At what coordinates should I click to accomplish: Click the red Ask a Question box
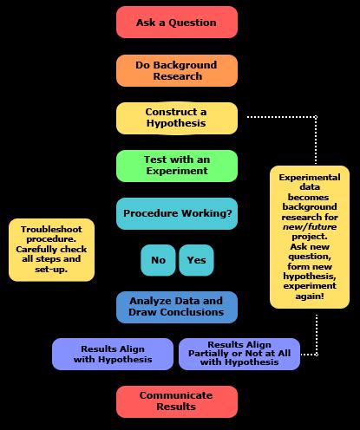click(x=177, y=23)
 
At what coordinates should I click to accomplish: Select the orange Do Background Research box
click(x=177, y=70)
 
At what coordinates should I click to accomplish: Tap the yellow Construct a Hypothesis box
click(x=177, y=118)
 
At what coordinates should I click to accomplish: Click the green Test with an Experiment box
click(x=177, y=166)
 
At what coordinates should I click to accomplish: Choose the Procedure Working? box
click(x=177, y=213)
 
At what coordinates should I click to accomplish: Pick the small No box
click(x=158, y=259)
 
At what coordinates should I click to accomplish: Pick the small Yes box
click(x=196, y=259)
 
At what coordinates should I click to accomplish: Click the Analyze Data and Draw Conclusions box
click(x=177, y=306)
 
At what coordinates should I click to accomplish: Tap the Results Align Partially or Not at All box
click(x=240, y=353)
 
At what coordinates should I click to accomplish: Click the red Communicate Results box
click(x=177, y=400)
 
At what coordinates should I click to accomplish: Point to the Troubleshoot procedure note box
click(x=52, y=250)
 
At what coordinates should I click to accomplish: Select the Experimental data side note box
click(x=310, y=236)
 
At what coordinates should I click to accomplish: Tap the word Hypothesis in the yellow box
click(x=177, y=124)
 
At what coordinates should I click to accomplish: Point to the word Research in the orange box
click(x=177, y=76)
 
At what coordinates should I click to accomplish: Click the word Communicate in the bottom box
click(x=177, y=394)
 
